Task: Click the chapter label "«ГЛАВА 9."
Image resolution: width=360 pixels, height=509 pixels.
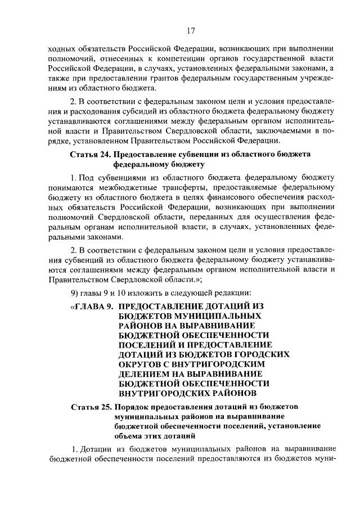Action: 92,307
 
